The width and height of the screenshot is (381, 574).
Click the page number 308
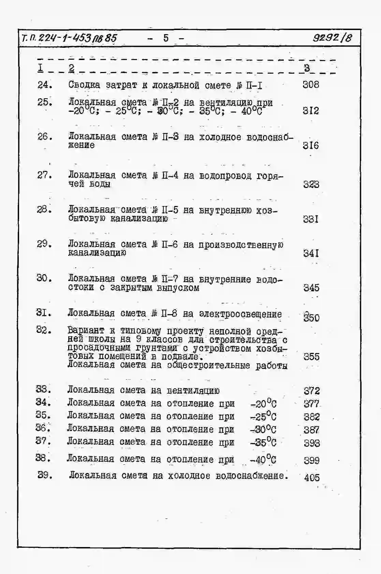pyautogui.click(x=311, y=84)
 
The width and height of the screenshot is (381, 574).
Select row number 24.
pyautogui.click(x=44, y=85)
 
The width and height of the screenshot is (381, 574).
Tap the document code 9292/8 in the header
pyautogui.click(x=332, y=38)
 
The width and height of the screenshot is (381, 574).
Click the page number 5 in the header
pyautogui.click(x=166, y=38)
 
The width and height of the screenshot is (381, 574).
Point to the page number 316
pyautogui.click(x=310, y=146)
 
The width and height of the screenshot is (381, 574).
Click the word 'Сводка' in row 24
pyautogui.click(x=84, y=85)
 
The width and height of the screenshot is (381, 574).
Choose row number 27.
pyautogui.click(x=44, y=175)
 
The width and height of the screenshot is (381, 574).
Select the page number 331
pyautogui.click(x=311, y=219)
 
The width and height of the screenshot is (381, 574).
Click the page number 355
pyautogui.click(x=311, y=357)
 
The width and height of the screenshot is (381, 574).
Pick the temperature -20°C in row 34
pyautogui.click(x=263, y=403)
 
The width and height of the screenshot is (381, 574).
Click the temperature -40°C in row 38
pyautogui.click(x=263, y=459)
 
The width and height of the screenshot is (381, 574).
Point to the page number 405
pyautogui.click(x=312, y=477)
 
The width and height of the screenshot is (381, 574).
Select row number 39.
pyautogui.click(x=45, y=475)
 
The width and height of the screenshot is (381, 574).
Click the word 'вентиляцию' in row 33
pyautogui.click(x=193, y=391)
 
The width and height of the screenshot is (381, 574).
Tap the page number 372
pyautogui.click(x=312, y=391)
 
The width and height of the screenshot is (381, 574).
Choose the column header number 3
pyautogui.click(x=307, y=68)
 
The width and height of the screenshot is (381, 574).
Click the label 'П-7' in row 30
pyautogui.click(x=170, y=279)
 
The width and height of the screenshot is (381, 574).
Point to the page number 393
pyautogui.click(x=312, y=443)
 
